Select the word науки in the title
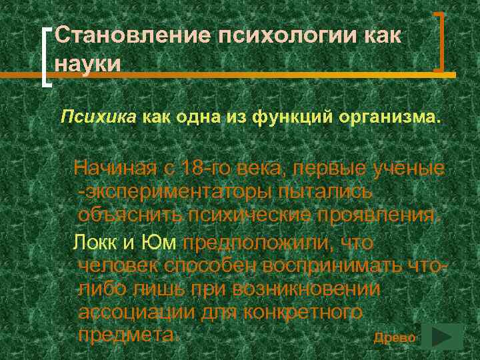(88, 65)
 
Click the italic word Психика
(98, 118)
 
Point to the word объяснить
(129, 215)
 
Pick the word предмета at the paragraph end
(127, 335)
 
